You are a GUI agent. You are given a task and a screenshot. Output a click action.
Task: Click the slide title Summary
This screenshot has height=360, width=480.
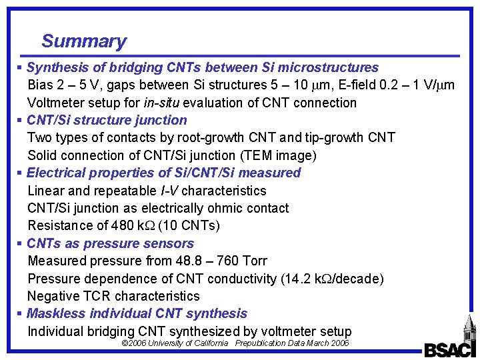tap(84, 41)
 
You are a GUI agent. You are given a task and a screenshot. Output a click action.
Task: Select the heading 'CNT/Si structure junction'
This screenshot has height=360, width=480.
tap(107, 120)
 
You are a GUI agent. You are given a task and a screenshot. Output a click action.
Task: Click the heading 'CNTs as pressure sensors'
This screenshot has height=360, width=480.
tap(110, 243)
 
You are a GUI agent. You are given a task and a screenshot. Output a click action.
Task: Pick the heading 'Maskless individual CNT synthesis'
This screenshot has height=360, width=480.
tap(137, 313)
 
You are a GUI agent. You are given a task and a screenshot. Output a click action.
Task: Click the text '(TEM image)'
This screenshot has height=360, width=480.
tap(281, 155)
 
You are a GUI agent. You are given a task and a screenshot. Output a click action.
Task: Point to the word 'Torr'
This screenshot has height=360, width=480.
tap(254, 261)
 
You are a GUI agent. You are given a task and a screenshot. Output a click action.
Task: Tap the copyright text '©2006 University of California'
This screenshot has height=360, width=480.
tap(175, 343)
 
